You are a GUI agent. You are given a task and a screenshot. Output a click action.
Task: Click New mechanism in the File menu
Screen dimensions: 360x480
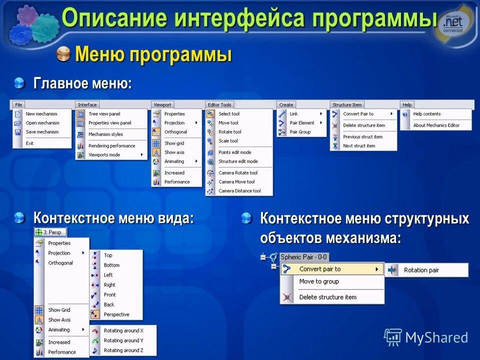click(41, 114)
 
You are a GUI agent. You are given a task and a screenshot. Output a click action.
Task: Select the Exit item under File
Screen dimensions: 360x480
click(30, 143)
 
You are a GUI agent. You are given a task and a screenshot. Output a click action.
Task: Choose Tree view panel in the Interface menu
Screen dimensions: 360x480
click(104, 114)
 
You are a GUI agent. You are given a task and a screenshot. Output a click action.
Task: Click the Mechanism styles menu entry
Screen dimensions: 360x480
click(105, 134)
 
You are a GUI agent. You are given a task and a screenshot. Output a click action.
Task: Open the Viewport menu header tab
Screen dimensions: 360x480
click(162, 105)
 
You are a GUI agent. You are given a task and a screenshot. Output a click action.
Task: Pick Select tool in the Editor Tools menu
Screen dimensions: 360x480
click(228, 114)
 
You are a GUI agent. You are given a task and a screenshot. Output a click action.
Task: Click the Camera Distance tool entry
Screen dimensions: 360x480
click(239, 191)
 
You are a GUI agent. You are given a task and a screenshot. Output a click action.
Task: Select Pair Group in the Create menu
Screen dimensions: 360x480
click(300, 132)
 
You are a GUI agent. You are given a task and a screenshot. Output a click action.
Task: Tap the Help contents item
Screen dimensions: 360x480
click(426, 114)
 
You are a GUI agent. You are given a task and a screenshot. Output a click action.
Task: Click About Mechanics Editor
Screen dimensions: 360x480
click(436, 125)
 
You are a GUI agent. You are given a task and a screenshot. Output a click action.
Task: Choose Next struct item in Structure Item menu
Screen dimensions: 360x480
click(358, 146)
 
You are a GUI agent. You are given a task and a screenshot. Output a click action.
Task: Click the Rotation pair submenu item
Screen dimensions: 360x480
click(421, 270)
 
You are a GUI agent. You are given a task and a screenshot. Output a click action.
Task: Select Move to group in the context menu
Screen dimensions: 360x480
click(319, 281)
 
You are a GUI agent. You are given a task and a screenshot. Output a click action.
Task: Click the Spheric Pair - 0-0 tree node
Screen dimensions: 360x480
click(303, 257)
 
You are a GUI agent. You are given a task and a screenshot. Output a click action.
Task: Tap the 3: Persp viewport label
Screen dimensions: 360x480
click(51, 232)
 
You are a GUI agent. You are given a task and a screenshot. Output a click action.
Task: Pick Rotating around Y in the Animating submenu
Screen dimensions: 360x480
click(123, 340)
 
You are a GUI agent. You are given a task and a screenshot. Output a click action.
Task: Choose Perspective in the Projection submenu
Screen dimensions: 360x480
click(116, 314)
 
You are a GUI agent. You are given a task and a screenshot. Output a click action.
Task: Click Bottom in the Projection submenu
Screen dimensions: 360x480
click(111, 265)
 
